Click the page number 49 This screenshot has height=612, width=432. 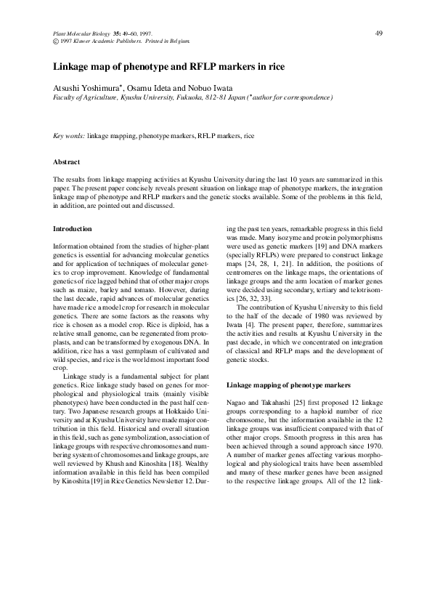pyautogui.click(x=378, y=33)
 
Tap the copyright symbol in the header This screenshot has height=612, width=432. pyautogui.click(x=57, y=41)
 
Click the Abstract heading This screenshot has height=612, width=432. pyautogui.click(x=67, y=161)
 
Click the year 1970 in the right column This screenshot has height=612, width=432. pyautogui.click(x=373, y=449)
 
